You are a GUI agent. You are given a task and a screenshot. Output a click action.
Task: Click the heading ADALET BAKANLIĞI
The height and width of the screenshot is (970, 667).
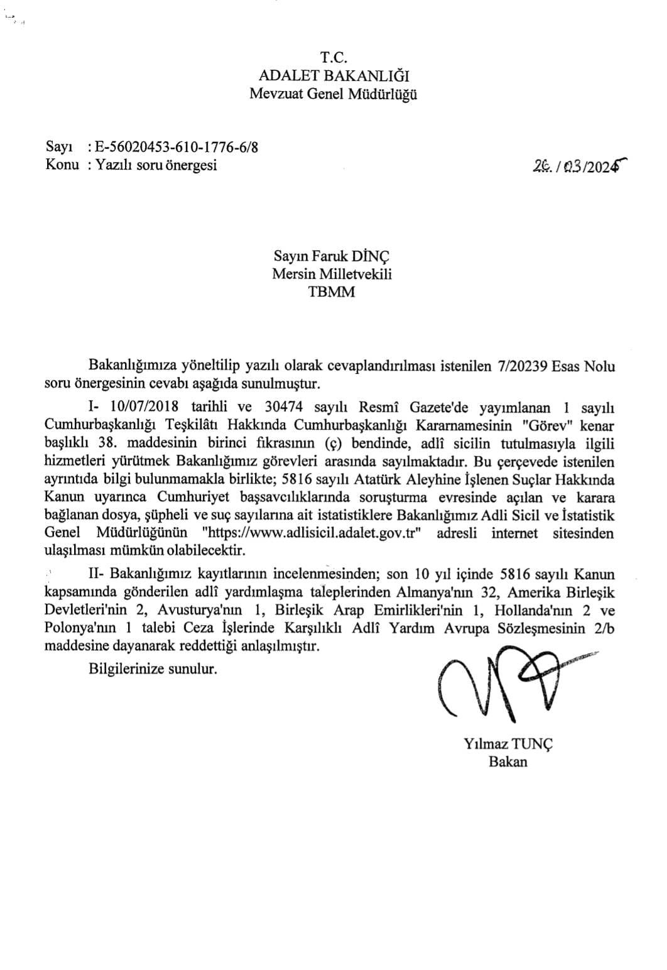333,76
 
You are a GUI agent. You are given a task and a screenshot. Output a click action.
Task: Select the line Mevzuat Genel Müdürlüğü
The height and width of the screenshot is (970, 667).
333,95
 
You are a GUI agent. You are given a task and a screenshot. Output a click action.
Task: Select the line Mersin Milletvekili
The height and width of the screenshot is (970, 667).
332,274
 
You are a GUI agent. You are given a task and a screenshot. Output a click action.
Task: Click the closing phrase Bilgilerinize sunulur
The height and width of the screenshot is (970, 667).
153,668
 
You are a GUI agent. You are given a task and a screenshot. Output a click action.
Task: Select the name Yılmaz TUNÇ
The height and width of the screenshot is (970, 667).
508,744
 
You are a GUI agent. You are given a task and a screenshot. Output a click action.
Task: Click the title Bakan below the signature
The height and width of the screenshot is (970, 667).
508,762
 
